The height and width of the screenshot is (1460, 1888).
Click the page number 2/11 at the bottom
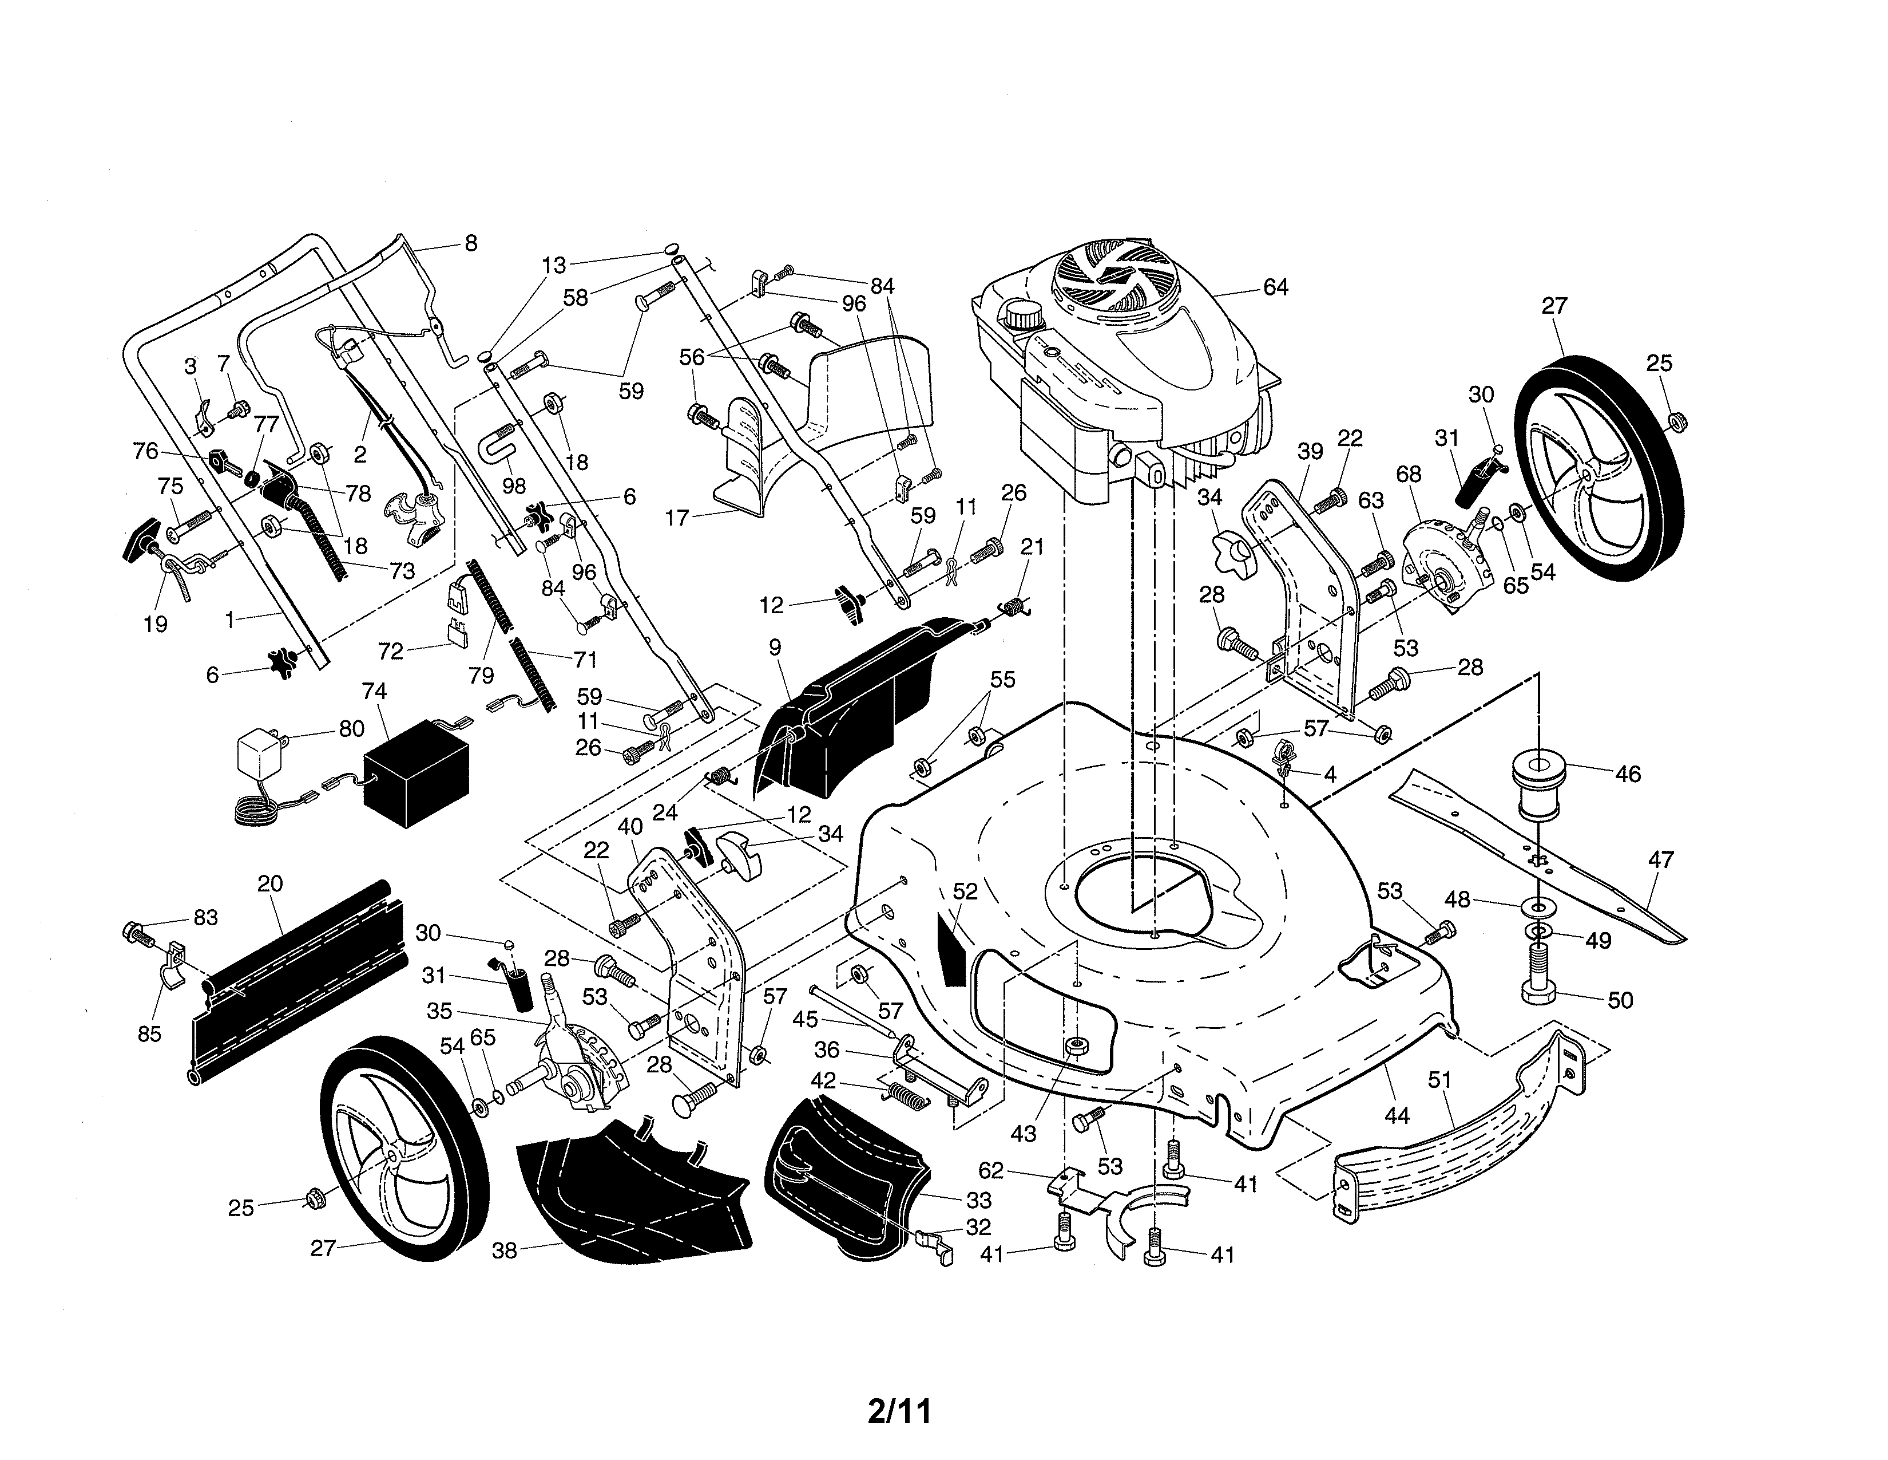(899, 1411)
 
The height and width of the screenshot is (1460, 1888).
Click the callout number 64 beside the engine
(1275, 287)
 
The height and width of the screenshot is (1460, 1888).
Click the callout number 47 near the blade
(1661, 860)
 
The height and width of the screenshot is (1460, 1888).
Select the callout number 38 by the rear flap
(505, 1250)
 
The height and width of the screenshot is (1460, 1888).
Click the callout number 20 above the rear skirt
(271, 884)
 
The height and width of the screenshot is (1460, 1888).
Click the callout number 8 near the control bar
(470, 243)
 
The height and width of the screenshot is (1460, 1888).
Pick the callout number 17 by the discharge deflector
(677, 518)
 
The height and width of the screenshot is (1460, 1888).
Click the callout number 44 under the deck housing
(1397, 1116)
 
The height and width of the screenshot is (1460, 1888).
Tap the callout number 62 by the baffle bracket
(991, 1171)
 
